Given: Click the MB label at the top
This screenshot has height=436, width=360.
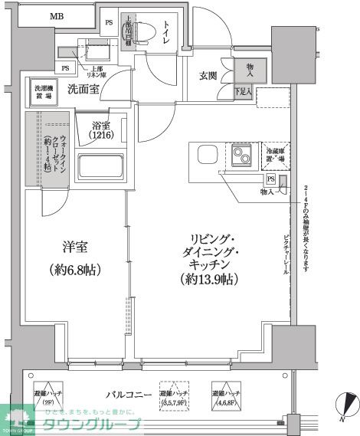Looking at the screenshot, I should (57, 15).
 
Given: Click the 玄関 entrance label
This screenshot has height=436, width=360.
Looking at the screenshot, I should (208, 75).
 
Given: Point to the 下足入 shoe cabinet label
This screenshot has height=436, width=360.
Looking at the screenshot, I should (242, 92).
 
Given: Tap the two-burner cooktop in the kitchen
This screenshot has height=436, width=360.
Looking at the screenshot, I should (242, 156).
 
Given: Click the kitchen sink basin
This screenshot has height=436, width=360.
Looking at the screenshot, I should (208, 154).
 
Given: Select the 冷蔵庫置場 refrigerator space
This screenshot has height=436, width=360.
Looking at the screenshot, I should (275, 156).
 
